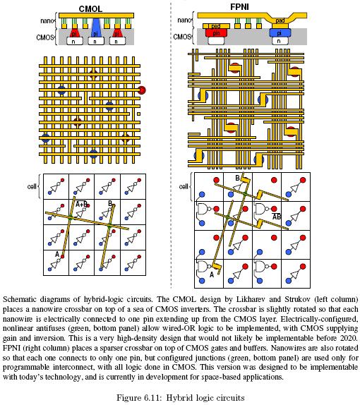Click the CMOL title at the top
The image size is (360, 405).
click(90, 8)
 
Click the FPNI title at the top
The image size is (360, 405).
click(239, 7)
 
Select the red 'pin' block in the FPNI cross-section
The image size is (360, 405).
click(216, 32)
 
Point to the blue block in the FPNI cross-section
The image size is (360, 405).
click(280, 33)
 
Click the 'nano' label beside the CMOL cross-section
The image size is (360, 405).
click(47, 20)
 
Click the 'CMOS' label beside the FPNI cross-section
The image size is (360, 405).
click(181, 37)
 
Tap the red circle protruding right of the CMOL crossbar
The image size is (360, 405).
click(142, 90)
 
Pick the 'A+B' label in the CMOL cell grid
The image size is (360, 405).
click(81, 205)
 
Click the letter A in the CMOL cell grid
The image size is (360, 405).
click(57, 255)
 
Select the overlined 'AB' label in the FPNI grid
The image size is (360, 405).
click(277, 217)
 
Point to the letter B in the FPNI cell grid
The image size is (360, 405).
click(237, 178)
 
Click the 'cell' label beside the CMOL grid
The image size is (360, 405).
click(32, 186)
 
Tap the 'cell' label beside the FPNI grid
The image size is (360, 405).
click(184, 186)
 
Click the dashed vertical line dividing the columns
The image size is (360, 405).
click(171, 145)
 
